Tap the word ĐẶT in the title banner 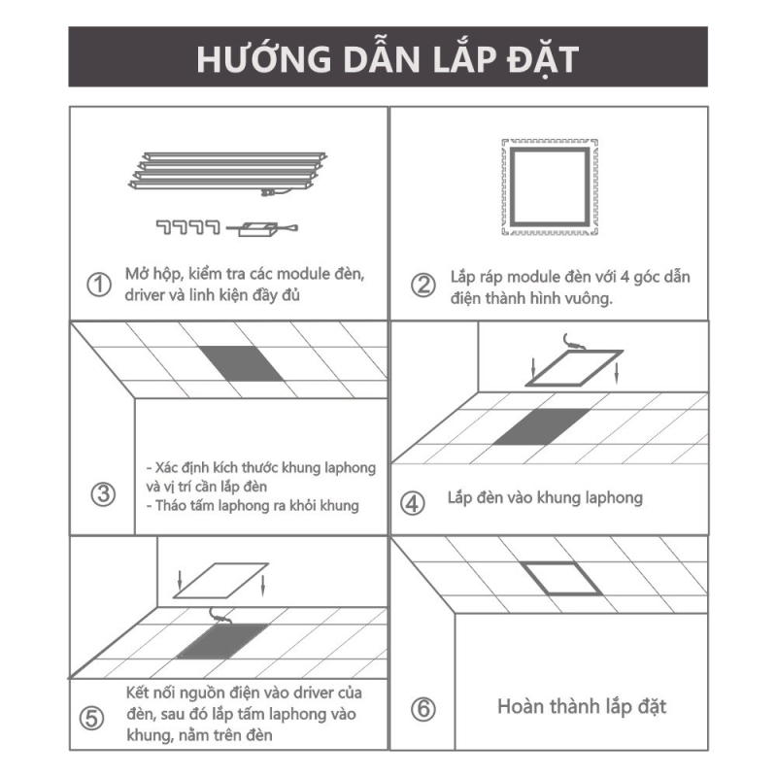pos(543,60)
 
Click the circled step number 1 pos(99,285)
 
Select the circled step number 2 pos(423,285)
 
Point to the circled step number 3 pos(103,494)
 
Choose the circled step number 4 pos(412,503)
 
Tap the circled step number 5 pos(91,718)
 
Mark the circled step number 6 pos(423,709)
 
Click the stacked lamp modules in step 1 pos(228,172)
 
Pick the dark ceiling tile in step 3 pos(241,363)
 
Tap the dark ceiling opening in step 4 pos(542,426)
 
